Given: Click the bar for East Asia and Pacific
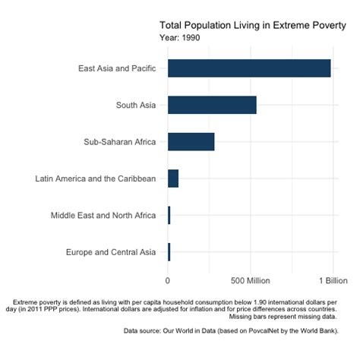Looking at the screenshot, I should click(249, 68).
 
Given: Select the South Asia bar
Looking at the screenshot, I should click(212, 105).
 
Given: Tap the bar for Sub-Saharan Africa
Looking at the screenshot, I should click(191, 142).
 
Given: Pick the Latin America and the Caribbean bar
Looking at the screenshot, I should click(173, 178).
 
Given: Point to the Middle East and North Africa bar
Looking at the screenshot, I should click(169, 216).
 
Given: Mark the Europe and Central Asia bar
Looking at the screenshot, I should click(169, 252).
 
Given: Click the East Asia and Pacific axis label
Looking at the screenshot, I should click(117, 68).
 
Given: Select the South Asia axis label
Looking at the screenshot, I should click(136, 105).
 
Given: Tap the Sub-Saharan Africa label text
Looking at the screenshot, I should click(119, 142).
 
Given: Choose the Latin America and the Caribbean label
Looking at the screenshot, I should click(96, 178).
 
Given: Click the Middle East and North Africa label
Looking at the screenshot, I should click(103, 216).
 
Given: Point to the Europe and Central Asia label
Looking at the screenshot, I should click(111, 252).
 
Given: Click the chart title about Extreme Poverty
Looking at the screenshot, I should click(252, 24).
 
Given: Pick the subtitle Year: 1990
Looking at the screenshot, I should click(181, 37).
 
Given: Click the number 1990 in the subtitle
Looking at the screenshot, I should click(191, 37).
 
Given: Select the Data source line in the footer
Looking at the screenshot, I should click(230, 331).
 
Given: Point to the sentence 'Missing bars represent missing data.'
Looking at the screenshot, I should click(283, 317).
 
